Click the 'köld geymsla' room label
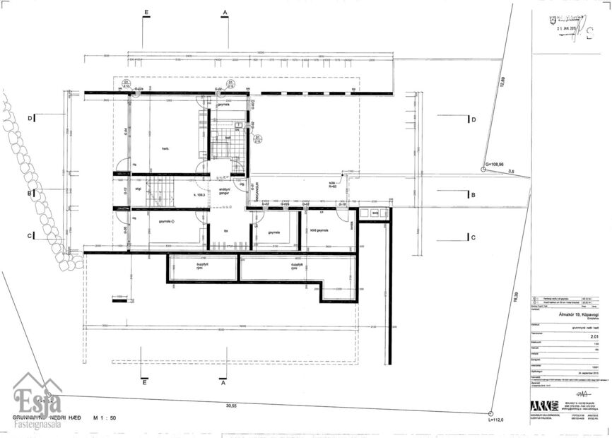coord(318,231)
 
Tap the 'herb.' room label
coord(165,148)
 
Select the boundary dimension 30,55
coord(231,406)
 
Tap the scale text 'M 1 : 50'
coord(103,418)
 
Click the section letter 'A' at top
coord(225,13)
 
